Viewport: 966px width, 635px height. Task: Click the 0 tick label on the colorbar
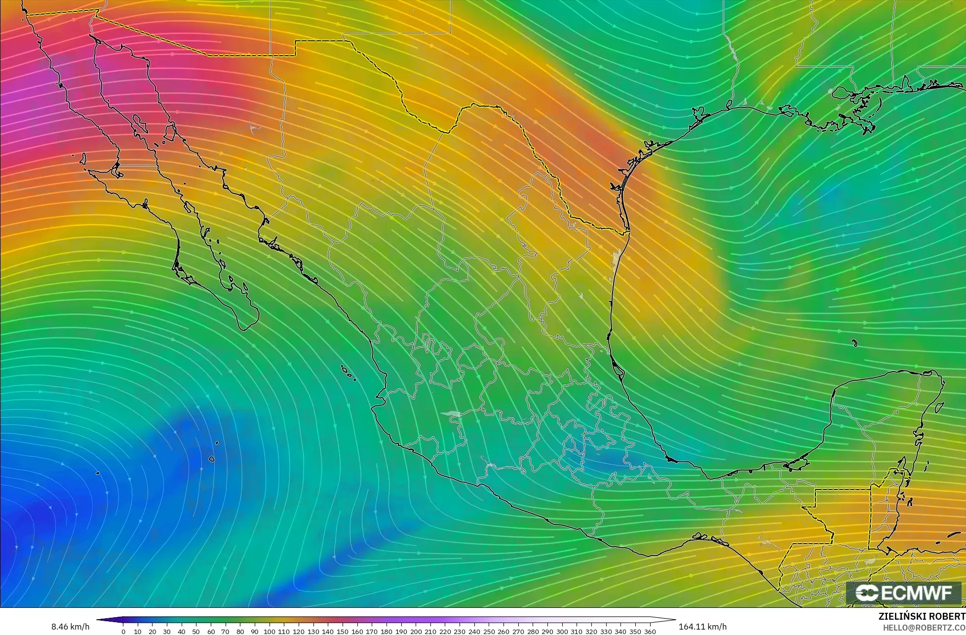(123, 632)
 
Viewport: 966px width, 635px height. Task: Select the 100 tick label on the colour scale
(269, 632)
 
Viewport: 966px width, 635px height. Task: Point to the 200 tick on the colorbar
(416, 632)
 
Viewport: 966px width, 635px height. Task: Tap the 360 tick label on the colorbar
(650, 632)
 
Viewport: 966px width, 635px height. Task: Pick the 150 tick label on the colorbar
(342, 632)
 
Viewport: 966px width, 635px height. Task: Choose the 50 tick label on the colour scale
(196, 632)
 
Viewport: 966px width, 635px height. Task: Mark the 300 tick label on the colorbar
(562, 632)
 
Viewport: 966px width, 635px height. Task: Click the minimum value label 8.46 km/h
(70, 627)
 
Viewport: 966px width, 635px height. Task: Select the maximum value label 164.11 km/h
(702, 627)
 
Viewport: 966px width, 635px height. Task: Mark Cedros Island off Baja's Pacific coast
(82, 159)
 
